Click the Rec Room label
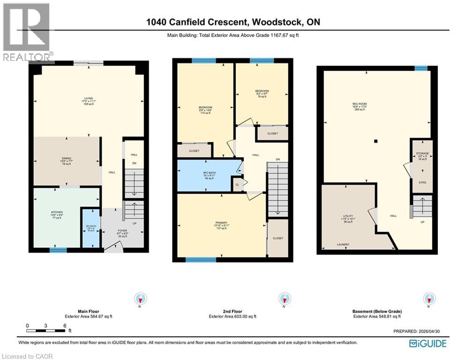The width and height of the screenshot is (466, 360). pos(359,106)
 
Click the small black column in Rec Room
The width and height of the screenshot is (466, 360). pos(376,141)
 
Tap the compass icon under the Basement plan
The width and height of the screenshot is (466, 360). pos(429,299)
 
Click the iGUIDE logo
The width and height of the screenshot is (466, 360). pos(428,344)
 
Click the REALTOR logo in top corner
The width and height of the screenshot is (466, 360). pos(27,32)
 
